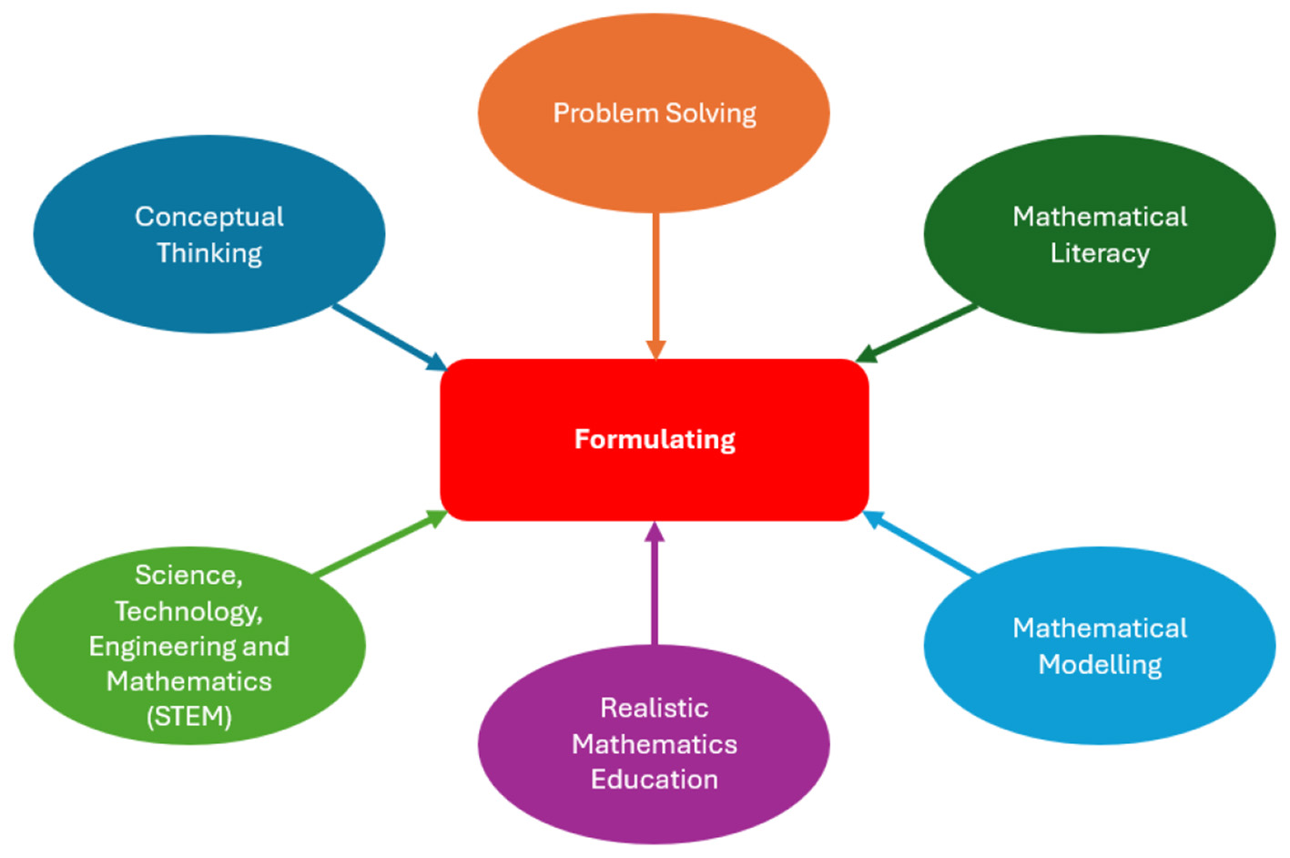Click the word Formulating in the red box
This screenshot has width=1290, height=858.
[655, 440]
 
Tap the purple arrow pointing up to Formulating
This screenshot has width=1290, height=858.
[655, 583]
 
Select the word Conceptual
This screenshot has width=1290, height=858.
[209, 217]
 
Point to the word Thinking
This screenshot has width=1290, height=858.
[209, 253]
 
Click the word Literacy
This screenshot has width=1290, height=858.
[1100, 253]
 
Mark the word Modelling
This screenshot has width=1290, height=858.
[1100, 665]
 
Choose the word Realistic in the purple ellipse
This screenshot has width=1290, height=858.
[655, 709]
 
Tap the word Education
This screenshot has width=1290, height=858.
[655, 780]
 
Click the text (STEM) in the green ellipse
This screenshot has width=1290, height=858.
[189, 717]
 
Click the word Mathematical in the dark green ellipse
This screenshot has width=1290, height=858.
[1100, 217]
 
